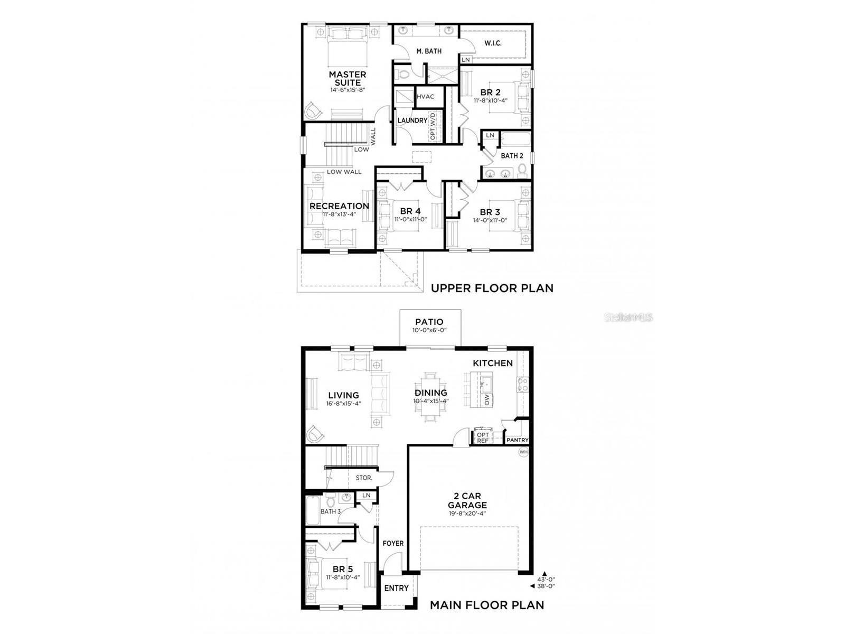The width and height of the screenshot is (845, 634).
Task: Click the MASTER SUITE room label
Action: click(x=348, y=78)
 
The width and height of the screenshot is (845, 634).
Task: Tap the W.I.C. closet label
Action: click(x=493, y=43)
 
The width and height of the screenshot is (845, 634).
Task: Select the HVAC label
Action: click(x=425, y=97)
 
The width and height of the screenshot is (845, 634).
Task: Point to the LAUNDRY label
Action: click(x=412, y=120)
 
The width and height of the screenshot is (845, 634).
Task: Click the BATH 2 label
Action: click(x=512, y=156)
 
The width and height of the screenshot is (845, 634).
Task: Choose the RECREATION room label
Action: click(x=339, y=206)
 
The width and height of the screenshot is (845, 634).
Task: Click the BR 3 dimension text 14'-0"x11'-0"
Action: click(x=490, y=220)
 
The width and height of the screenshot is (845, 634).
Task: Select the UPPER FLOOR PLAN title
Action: click(x=492, y=288)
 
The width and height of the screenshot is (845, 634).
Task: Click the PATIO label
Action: click(x=429, y=322)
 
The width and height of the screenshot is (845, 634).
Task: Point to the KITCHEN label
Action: click(x=492, y=363)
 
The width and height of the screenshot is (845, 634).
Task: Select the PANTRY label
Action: click(x=517, y=440)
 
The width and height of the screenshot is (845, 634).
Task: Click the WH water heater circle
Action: click(x=523, y=452)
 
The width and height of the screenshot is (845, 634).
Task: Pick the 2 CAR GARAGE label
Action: click(x=467, y=500)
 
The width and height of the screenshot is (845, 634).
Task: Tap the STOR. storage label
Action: click(x=364, y=478)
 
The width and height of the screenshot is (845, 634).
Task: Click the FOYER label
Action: click(x=393, y=543)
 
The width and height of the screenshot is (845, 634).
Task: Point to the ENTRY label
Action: click(x=396, y=588)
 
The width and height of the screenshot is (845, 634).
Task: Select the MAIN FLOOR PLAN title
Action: click(x=486, y=605)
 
